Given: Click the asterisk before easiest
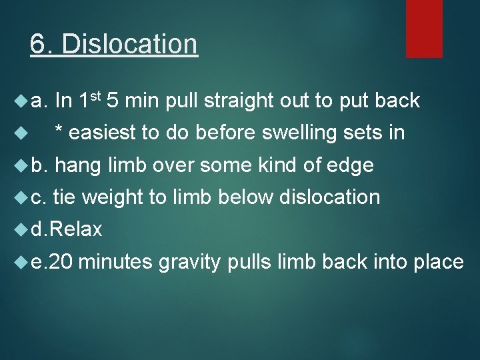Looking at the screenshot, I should [x=59, y=131].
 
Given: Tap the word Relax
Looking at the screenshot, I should [x=75, y=229].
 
